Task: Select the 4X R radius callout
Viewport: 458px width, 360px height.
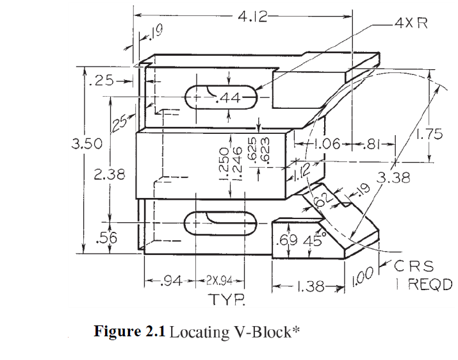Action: coord(411,23)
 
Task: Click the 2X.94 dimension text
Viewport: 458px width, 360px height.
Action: coord(224,281)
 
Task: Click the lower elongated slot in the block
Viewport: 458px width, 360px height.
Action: coord(221,223)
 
